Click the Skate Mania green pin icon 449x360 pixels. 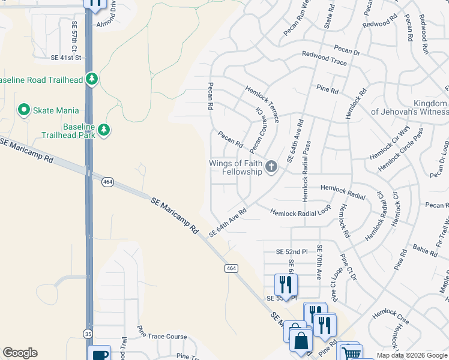[x=24, y=109]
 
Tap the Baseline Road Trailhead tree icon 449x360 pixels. [x=91, y=79]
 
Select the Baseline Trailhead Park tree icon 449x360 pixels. [x=104, y=130]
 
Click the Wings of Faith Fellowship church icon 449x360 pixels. [x=271, y=167]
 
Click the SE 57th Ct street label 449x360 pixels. [x=75, y=37]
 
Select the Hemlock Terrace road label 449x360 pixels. [x=262, y=104]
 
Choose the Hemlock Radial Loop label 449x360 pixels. [x=300, y=212]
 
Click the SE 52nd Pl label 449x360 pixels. [x=291, y=251]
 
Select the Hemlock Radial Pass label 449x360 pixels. [x=306, y=171]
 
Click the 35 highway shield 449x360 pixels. [x=89, y=333]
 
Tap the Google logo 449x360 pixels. [x=20, y=353]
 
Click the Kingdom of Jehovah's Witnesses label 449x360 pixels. [x=409, y=107]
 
